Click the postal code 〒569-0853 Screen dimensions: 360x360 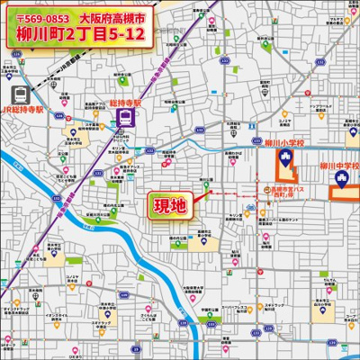(40, 17)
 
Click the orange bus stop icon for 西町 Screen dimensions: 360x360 (268, 189)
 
